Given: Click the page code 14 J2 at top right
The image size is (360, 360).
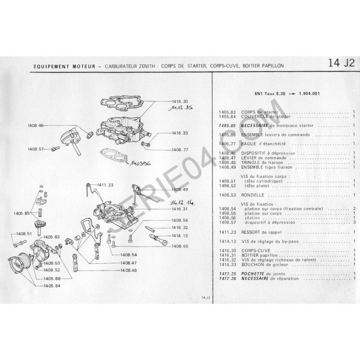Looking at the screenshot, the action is [341, 63].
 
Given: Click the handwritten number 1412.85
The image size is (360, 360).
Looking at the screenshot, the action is [181, 108].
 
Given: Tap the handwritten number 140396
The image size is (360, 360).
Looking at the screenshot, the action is [140, 163].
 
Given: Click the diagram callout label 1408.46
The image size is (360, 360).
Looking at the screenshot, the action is [36, 126].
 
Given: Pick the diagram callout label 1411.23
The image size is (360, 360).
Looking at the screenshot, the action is [105, 185].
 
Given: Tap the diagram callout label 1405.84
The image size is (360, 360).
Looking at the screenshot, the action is [52, 286].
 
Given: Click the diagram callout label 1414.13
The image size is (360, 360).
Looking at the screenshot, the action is [180, 236].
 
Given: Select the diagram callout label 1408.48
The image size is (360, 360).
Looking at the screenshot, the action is [129, 270].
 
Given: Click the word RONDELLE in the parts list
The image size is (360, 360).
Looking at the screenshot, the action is [252, 195].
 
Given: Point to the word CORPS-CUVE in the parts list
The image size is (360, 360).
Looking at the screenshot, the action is [256, 251].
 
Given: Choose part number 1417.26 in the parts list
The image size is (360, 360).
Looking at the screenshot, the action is [228, 279].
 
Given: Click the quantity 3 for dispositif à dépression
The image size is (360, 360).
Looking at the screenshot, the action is [355, 222].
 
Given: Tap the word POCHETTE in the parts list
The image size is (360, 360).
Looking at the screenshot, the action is [253, 274].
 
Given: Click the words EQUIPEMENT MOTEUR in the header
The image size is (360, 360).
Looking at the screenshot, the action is [64, 67].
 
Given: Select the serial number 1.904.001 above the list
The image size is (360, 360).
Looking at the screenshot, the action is [309, 94].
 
